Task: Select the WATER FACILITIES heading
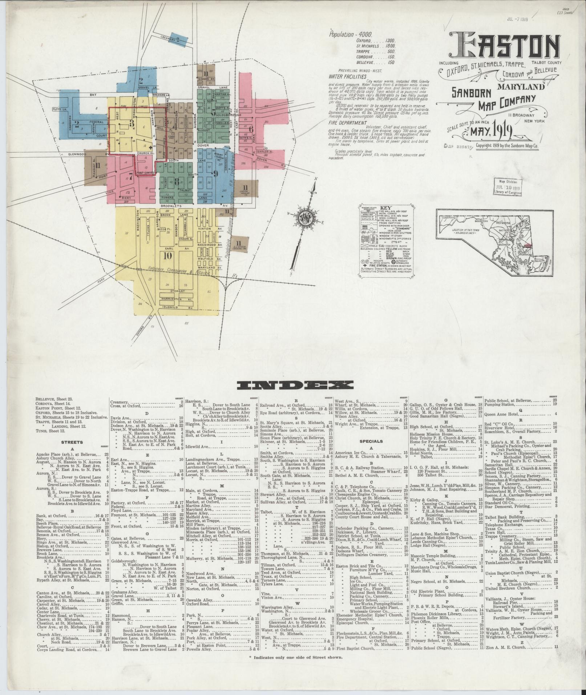point(347,77)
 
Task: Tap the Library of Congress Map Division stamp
point(508,187)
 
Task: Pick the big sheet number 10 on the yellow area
point(167,256)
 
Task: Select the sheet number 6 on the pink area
point(251,129)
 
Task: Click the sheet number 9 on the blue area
point(215,173)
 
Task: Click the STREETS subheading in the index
point(72,443)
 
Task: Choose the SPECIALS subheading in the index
point(371,441)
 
